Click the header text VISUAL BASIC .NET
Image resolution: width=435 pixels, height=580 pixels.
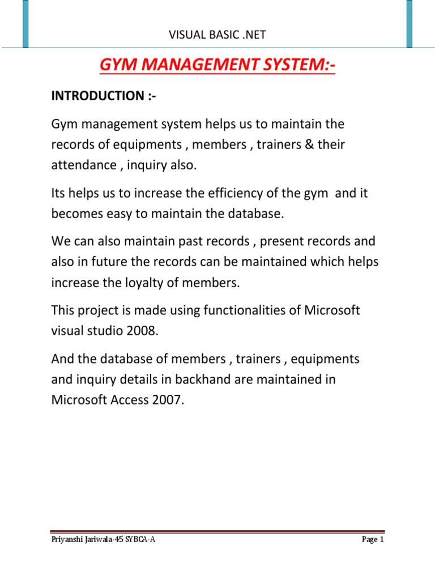pyautogui.click(x=217, y=36)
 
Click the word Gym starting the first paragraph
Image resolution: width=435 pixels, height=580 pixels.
pyautogui.click(x=64, y=123)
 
